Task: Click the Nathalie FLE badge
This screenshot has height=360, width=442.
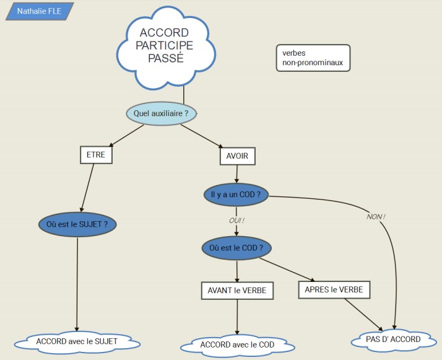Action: (38, 11)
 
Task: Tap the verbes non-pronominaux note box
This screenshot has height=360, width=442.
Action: (313, 58)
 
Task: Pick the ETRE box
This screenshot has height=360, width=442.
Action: (97, 155)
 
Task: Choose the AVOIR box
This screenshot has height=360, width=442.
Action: (238, 156)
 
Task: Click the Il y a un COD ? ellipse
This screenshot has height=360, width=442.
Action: (235, 195)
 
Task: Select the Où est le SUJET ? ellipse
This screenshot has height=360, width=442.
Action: (77, 224)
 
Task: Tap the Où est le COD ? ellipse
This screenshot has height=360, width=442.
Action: (236, 248)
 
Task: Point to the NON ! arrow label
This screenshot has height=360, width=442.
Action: (375, 217)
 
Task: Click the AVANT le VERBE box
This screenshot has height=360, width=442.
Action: (237, 290)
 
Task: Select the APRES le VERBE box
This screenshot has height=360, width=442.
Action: (334, 289)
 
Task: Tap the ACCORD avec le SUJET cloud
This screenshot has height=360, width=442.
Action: (76, 341)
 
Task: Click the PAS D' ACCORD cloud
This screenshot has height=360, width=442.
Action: (393, 340)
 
